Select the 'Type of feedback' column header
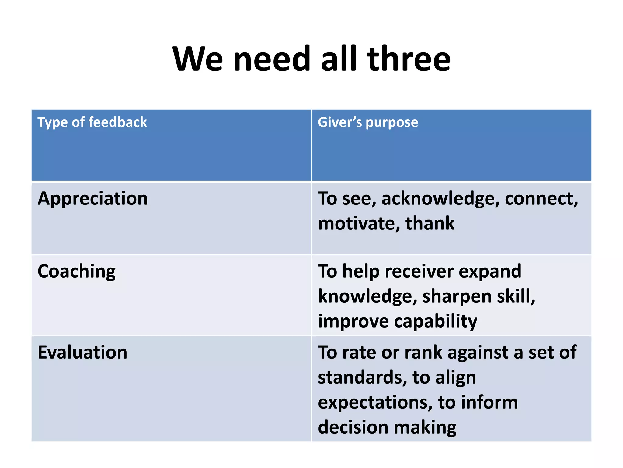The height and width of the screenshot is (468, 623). (x=92, y=122)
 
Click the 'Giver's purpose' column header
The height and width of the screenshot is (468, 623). (x=368, y=122)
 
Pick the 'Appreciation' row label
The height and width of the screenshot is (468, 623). (x=92, y=199)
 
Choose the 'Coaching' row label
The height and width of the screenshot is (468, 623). (x=76, y=271)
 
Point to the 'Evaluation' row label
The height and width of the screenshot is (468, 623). (x=82, y=353)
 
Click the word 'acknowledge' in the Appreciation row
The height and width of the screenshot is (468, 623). (x=440, y=199)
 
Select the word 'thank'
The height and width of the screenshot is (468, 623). (x=430, y=223)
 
